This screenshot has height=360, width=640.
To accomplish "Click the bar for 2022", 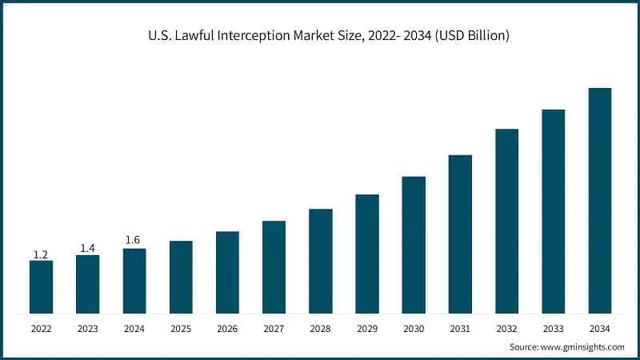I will [x=41, y=286].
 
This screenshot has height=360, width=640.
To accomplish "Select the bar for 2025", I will [x=181, y=277].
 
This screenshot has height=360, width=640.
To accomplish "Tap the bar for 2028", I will [x=320, y=261].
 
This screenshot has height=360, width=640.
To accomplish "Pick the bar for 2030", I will [x=414, y=245].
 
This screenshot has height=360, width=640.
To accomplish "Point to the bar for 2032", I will [x=506, y=221].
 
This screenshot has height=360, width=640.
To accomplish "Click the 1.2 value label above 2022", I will [x=41, y=254].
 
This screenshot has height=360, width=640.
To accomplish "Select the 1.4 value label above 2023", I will [x=87, y=249].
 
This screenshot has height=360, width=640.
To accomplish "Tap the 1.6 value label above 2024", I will [x=134, y=240].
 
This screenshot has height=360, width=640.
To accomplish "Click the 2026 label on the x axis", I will [x=227, y=329].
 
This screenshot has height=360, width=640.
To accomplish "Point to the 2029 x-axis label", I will [x=367, y=329].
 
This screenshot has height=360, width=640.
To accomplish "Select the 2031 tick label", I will [x=460, y=329].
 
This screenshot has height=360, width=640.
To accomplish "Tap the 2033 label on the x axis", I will [x=554, y=329].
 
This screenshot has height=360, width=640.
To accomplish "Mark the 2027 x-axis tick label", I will [x=274, y=329].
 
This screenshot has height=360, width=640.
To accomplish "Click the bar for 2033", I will [x=554, y=211].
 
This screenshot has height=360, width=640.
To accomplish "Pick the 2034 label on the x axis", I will [x=600, y=329].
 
